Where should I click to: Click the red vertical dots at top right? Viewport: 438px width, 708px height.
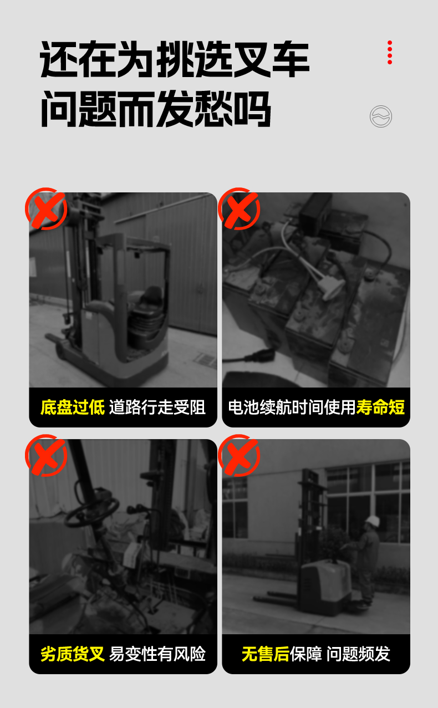pyautogui.click(x=390, y=53)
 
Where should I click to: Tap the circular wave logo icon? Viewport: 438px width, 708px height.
pyautogui.click(x=381, y=116)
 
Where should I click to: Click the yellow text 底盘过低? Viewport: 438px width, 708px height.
pyautogui.click(x=73, y=407)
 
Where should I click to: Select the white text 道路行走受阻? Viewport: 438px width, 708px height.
pyautogui.click(x=157, y=407)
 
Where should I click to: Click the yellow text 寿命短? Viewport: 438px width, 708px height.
pyautogui.click(x=380, y=407)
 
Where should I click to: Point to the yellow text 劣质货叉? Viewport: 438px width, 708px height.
pyautogui.click(x=73, y=654)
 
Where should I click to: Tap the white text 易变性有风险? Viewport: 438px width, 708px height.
pyautogui.click(x=157, y=654)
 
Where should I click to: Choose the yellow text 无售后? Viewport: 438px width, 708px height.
pyautogui.click(x=266, y=654)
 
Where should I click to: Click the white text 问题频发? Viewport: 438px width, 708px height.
pyautogui.click(x=358, y=654)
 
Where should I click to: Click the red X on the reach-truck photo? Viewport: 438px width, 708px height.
pyautogui.click(x=46, y=208)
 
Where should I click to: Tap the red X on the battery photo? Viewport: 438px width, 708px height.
pyautogui.click(x=239, y=208)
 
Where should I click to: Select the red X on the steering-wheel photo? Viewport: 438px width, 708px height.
pyautogui.click(x=46, y=455)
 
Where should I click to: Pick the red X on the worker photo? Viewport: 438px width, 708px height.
pyautogui.click(x=239, y=455)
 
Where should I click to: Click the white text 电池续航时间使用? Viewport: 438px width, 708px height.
pyautogui.click(x=292, y=407)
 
